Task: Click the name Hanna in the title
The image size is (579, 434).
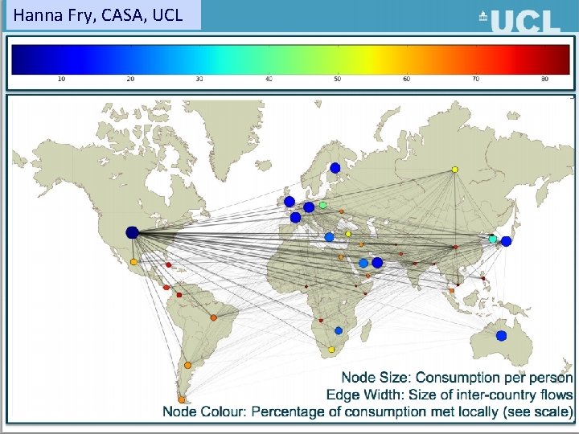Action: click(37, 14)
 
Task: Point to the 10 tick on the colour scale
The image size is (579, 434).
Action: click(61, 79)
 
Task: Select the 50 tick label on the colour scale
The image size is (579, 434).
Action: click(338, 79)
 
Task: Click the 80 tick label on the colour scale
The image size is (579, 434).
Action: click(545, 79)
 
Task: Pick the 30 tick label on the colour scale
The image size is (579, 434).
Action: click(199, 79)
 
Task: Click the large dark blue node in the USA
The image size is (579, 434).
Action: click(132, 233)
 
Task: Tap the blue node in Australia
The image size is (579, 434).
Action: click(502, 336)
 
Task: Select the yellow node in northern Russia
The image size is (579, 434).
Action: click(455, 170)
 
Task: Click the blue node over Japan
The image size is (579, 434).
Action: click(507, 240)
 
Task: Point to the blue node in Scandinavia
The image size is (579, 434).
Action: click(335, 168)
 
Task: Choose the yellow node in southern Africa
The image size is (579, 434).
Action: click(331, 350)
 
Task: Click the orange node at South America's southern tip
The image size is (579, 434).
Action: click(182, 399)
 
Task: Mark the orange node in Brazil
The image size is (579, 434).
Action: click(214, 317)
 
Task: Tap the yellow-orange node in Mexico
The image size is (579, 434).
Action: click(133, 262)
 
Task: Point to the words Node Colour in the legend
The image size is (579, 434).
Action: click(203, 411)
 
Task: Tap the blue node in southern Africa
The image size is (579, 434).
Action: click(339, 330)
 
